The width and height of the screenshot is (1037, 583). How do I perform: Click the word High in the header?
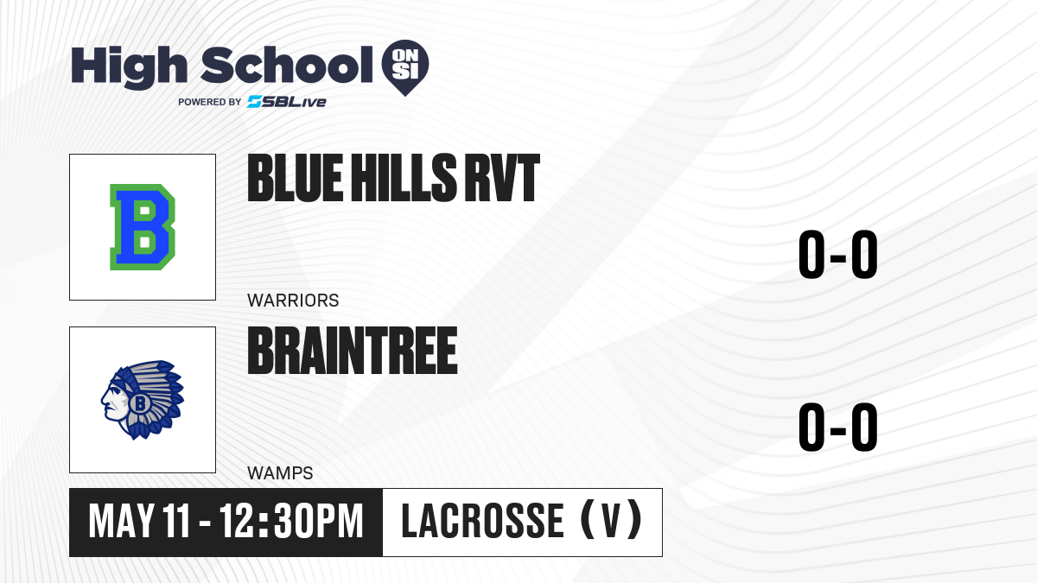(129, 67)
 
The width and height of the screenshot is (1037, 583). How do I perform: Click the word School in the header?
(287, 65)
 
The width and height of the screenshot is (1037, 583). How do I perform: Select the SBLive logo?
(286, 102)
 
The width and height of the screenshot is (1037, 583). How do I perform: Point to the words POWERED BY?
(210, 102)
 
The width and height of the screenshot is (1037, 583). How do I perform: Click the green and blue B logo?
(143, 226)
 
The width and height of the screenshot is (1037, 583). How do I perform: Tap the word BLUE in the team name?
(296, 178)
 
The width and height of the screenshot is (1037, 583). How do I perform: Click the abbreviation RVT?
(502, 178)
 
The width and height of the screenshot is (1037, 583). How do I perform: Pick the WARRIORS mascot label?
(293, 301)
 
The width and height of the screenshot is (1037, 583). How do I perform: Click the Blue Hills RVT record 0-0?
(838, 254)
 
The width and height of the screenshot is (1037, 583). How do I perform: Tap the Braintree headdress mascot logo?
(143, 400)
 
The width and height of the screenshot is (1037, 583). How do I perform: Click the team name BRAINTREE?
(353, 351)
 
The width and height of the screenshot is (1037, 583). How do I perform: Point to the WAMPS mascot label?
(280, 473)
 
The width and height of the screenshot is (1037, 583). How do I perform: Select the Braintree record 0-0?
(838, 427)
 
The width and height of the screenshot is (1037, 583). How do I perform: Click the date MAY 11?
(139, 522)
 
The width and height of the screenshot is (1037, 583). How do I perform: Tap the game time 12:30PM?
(291, 522)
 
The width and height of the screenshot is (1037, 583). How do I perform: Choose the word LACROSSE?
(482, 522)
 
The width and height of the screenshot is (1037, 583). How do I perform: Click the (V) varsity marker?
(611, 520)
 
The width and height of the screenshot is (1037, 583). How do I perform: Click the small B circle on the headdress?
(139, 403)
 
